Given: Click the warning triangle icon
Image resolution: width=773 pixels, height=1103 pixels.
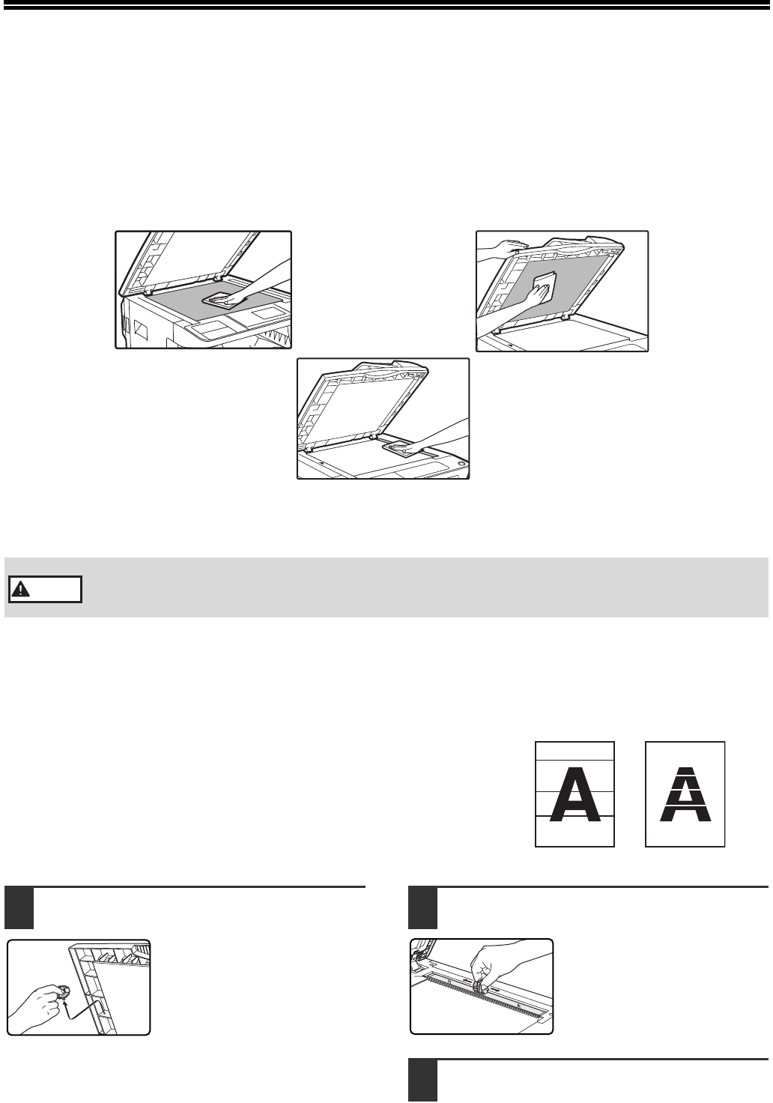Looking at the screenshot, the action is click(20, 590).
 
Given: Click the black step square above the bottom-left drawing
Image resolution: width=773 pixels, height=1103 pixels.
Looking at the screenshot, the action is click(19, 907).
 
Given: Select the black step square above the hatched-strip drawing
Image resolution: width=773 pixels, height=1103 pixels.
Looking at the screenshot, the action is click(423, 907).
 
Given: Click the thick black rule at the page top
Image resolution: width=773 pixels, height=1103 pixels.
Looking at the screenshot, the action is click(386, 7).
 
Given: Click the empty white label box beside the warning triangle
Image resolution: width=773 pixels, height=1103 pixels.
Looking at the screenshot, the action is click(45, 590).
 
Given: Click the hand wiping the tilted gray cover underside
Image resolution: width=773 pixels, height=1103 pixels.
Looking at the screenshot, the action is click(538, 294).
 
